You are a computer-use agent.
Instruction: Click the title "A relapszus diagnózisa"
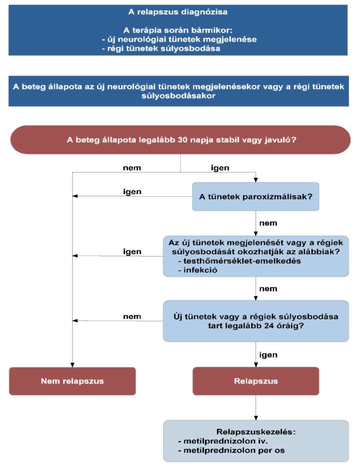point(178,12)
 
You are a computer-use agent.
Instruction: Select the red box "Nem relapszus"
point(72,381)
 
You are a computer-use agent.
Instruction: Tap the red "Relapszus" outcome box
point(256,381)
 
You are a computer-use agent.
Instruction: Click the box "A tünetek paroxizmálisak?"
point(256,197)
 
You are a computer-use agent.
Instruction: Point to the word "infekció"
point(200,270)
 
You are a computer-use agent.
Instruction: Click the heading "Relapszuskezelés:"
point(256,432)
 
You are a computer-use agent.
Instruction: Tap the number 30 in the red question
point(182,140)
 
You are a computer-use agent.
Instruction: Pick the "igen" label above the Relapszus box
point(268,355)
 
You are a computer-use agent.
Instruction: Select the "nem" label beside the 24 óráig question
point(132,317)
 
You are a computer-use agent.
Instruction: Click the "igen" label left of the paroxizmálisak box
point(132,192)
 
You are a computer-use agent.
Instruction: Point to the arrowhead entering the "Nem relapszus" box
point(72,365)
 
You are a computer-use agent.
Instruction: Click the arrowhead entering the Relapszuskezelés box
point(256,418)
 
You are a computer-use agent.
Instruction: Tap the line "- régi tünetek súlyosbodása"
point(161,48)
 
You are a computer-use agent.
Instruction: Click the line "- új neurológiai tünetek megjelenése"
point(179,39)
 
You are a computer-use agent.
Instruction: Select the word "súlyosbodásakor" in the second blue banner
point(178,96)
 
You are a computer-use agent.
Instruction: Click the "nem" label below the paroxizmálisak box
point(268,223)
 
